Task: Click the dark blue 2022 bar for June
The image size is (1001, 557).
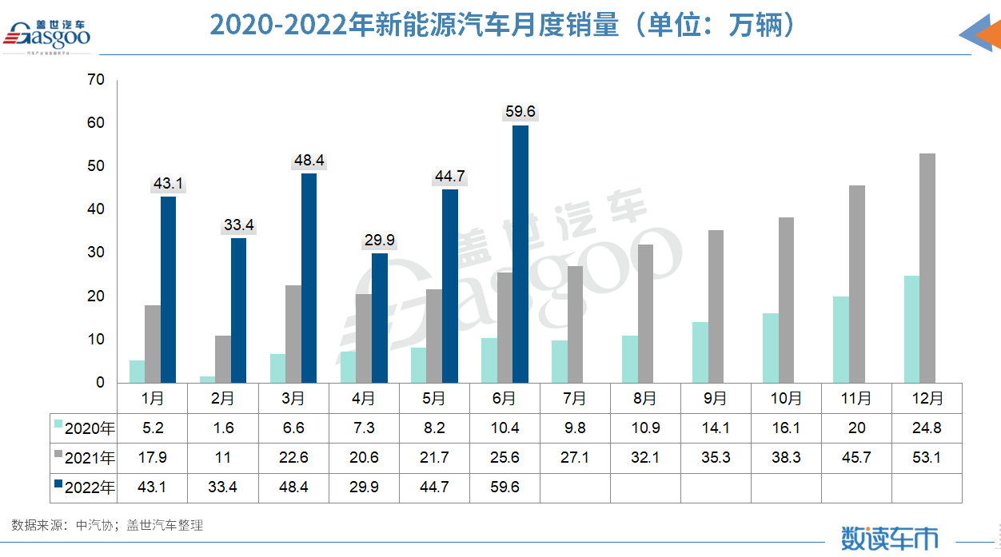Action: [520, 254]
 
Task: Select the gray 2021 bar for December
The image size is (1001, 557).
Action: [927, 268]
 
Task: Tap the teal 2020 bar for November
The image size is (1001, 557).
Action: [840, 340]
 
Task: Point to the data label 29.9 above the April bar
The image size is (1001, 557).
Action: [379, 241]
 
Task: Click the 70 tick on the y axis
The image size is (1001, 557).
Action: [97, 80]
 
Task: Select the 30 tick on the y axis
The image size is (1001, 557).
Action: [97, 253]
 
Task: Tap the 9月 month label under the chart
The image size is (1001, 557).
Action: [716, 398]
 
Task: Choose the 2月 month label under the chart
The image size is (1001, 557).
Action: [223, 398]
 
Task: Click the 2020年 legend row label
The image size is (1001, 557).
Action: [88, 428]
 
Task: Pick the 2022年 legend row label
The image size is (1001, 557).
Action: [88, 487]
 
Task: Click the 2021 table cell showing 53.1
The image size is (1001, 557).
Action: [927, 458]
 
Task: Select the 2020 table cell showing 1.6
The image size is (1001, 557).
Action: [223, 428]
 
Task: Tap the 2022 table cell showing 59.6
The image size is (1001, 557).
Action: [504, 487]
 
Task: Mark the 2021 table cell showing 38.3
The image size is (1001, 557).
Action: [786, 458]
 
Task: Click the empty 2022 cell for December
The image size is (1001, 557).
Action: [927, 487]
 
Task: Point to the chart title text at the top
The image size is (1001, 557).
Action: [504, 26]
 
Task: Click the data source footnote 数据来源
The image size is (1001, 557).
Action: [107, 525]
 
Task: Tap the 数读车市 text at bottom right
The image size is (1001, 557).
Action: [889, 538]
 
